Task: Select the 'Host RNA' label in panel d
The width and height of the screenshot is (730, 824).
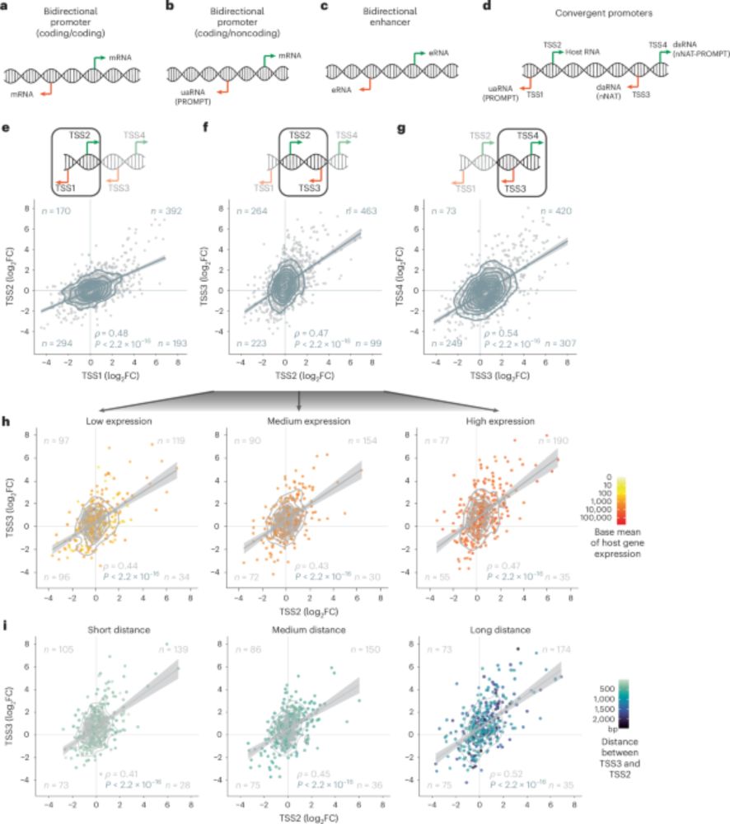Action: point(581,52)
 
